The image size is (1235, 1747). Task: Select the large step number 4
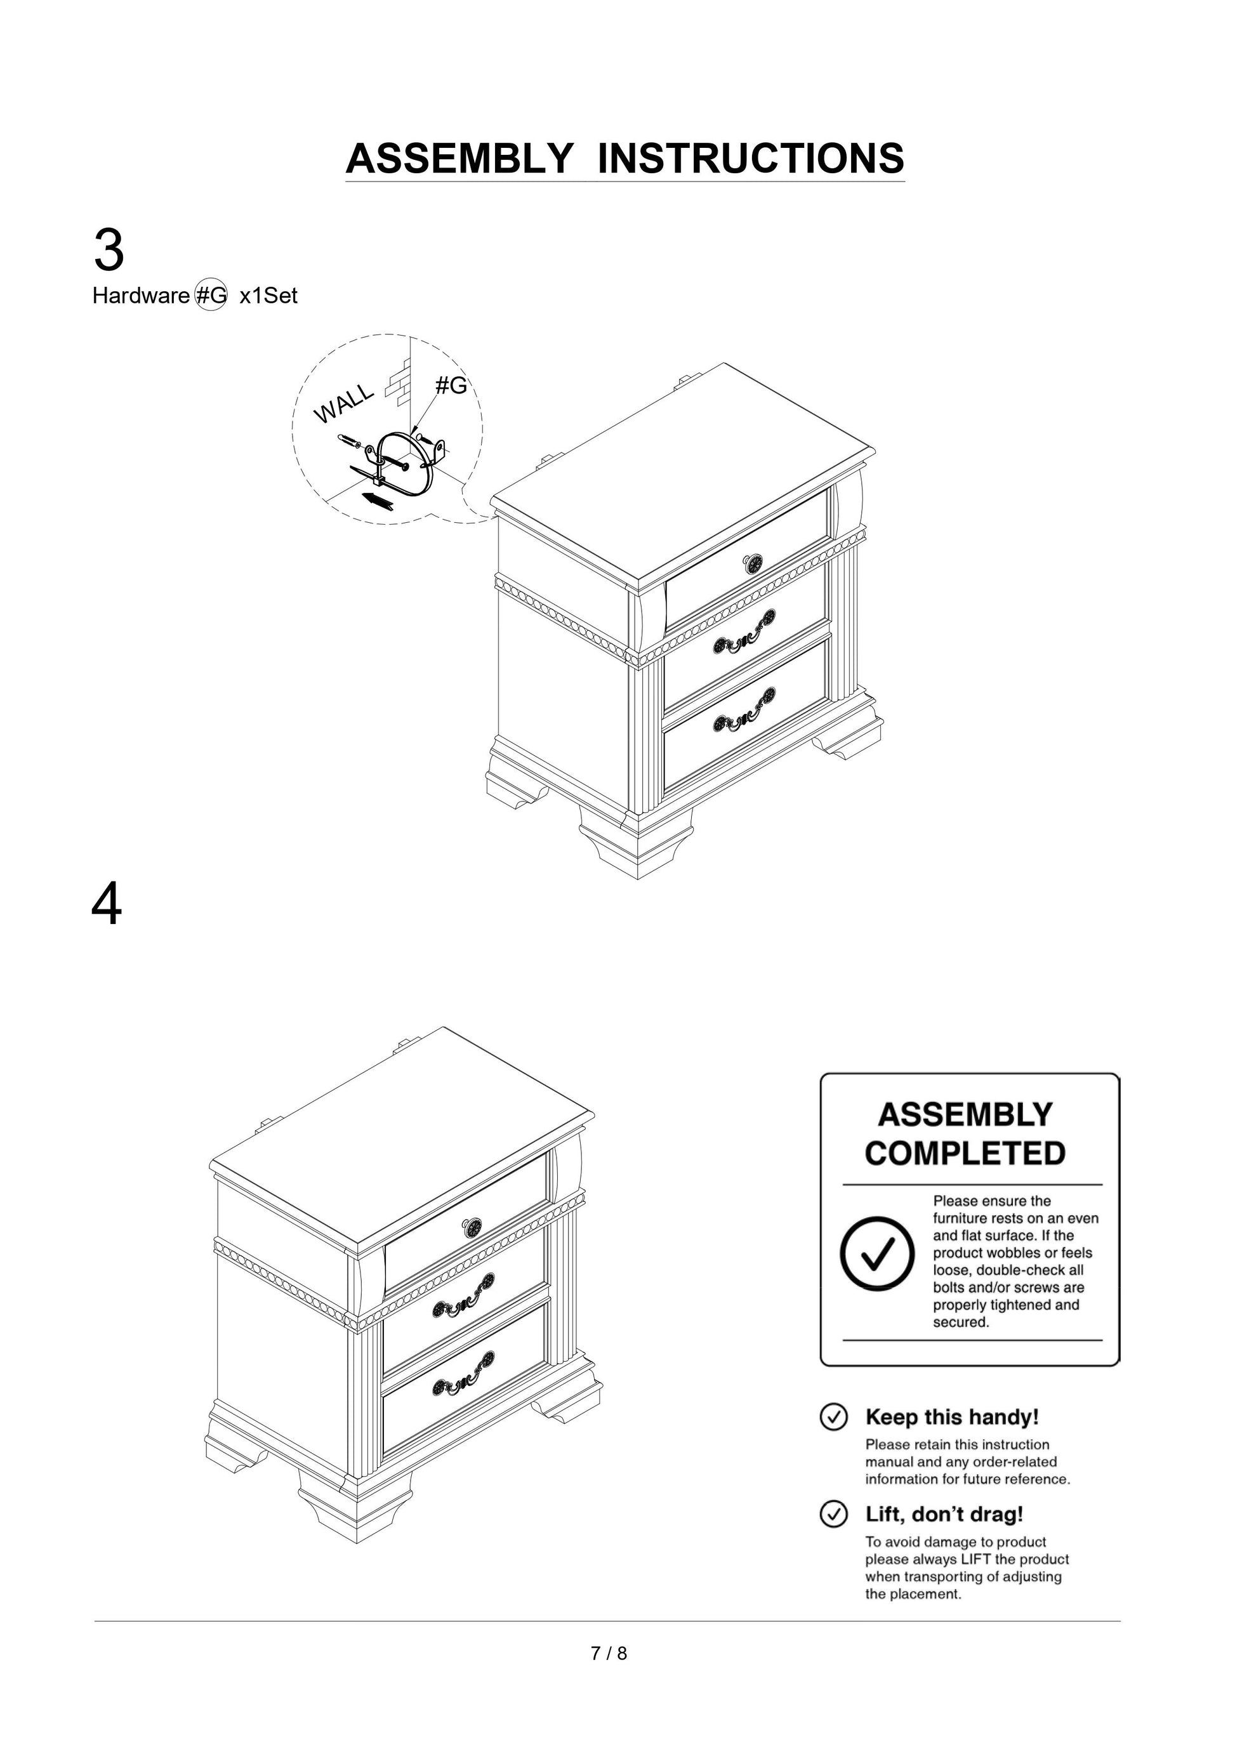tap(107, 906)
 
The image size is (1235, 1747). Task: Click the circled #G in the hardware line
tap(211, 295)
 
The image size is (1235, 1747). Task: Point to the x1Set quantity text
tap(268, 296)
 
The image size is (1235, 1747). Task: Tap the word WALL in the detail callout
tap(344, 403)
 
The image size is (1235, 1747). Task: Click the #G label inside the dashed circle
tap(451, 386)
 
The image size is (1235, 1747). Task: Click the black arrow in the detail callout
tap(378, 500)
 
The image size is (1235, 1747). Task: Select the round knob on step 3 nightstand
tap(752, 564)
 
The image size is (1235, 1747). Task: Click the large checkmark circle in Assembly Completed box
tap(876, 1254)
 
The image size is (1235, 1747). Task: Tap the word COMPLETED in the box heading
tap(964, 1154)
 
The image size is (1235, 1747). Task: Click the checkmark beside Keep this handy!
tap(833, 1417)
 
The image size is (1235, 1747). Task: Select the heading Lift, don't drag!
tap(944, 1514)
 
